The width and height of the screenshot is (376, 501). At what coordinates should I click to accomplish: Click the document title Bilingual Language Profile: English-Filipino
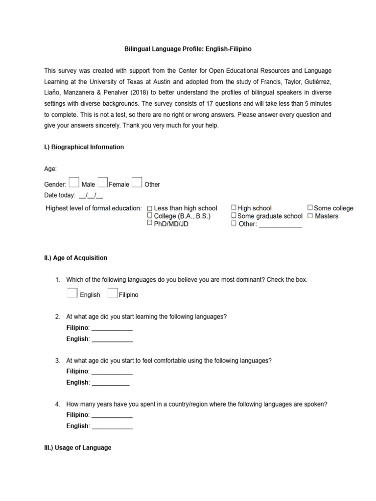click(188, 49)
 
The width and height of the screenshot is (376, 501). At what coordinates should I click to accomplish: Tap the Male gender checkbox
click(73, 182)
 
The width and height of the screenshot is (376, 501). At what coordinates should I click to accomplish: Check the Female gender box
click(102, 182)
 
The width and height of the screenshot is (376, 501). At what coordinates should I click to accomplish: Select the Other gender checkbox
click(137, 182)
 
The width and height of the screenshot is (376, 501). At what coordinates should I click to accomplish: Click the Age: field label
click(50, 169)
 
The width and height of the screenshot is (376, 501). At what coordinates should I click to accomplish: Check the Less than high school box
click(150, 208)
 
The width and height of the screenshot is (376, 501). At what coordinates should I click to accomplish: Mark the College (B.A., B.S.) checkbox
click(150, 216)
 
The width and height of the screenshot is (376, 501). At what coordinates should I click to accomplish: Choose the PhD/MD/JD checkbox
click(150, 223)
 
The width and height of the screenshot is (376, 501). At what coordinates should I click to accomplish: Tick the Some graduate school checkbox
click(234, 216)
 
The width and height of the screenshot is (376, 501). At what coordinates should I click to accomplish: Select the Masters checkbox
click(310, 216)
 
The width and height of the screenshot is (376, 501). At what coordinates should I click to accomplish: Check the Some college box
click(310, 208)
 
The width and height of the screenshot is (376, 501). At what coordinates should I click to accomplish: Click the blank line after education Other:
click(280, 225)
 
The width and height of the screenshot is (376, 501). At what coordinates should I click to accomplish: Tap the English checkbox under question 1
click(72, 293)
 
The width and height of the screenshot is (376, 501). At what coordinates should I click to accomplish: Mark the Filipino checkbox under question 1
click(112, 293)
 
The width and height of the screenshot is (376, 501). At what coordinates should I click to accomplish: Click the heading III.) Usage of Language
click(78, 448)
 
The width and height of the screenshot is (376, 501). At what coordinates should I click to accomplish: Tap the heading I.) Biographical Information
click(84, 147)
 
